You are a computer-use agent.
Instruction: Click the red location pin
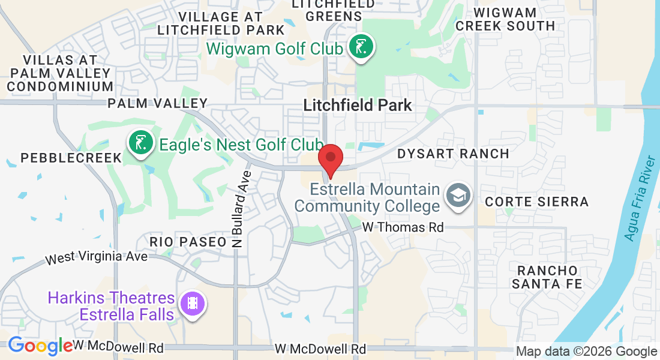[x=330, y=158]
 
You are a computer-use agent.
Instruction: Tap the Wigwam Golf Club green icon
[x=361, y=47]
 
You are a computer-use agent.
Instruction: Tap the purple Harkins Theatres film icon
[x=192, y=304]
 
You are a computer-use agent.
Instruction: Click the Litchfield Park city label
[x=358, y=106]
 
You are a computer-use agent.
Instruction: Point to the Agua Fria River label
[x=641, y=199]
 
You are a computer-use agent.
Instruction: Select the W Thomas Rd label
[x=403, y=227]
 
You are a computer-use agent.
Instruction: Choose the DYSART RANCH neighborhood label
[x=454, y=154]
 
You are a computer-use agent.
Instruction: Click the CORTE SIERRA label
[x=537, y=202]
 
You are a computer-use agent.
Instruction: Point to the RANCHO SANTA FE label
[x=547, y=277]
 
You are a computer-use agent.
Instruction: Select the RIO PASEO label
[x=188, y=241]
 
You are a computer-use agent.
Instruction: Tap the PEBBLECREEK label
[x=71, y=158]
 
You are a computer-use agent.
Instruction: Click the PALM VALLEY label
[x=157, y=103]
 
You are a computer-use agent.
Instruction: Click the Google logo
[x=40, y=346]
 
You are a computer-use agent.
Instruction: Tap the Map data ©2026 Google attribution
[x=586, y=352]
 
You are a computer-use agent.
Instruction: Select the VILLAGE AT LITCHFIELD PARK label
[x=221, y=23]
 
